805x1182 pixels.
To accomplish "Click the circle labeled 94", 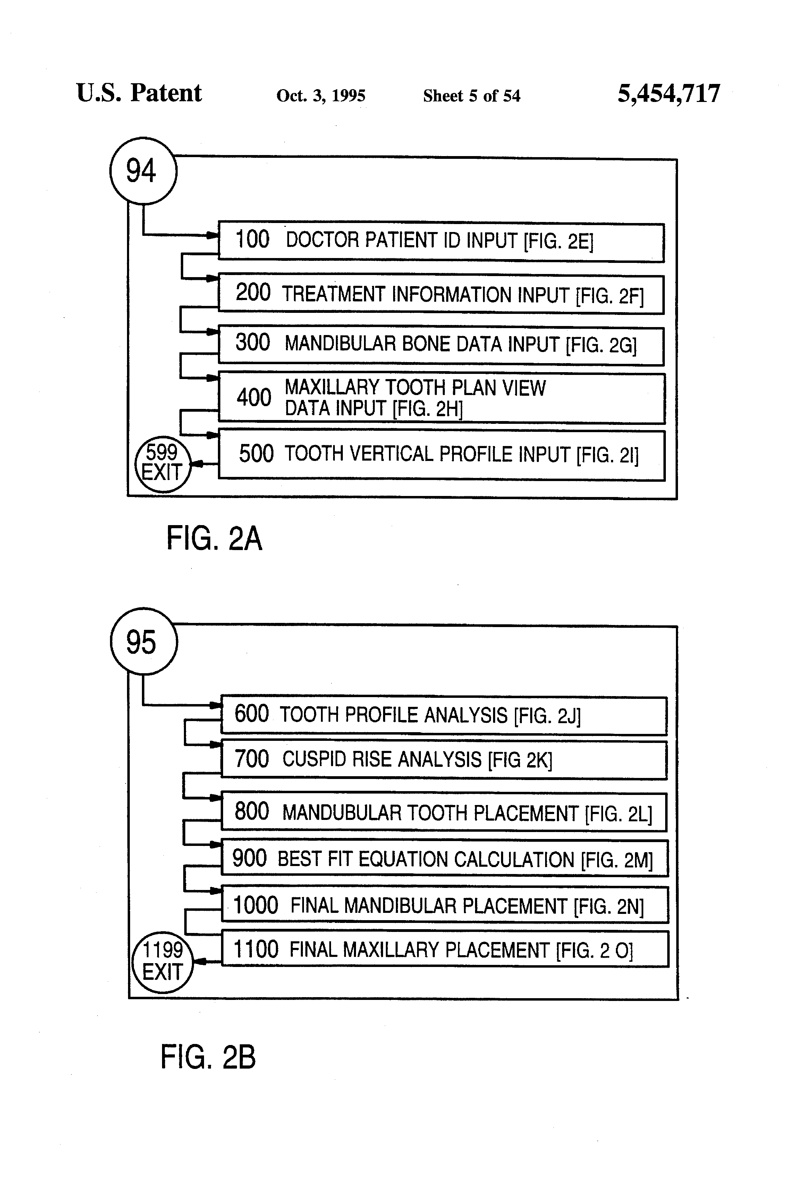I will (143, 171).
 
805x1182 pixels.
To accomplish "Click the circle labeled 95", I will (144, 641).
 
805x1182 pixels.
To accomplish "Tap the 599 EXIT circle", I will (162, 464).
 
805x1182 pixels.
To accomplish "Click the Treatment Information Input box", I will (441, 294).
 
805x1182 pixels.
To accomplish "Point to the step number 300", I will (252, 343).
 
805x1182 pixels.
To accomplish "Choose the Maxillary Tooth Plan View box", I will (441, 398).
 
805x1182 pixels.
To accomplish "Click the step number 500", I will (256, 454).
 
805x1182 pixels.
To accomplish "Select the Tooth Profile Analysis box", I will (444, 715).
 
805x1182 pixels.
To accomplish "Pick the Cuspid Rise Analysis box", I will (444, 760).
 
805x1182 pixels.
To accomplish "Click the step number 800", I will (251, 812).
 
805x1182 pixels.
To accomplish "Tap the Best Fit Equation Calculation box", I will (444, 858).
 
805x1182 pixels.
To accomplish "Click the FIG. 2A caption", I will (214, 539).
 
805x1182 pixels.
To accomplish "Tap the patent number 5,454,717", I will (669, 94).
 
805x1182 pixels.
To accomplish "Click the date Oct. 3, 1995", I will (321, 96).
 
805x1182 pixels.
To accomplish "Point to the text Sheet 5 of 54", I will (471, 96).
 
